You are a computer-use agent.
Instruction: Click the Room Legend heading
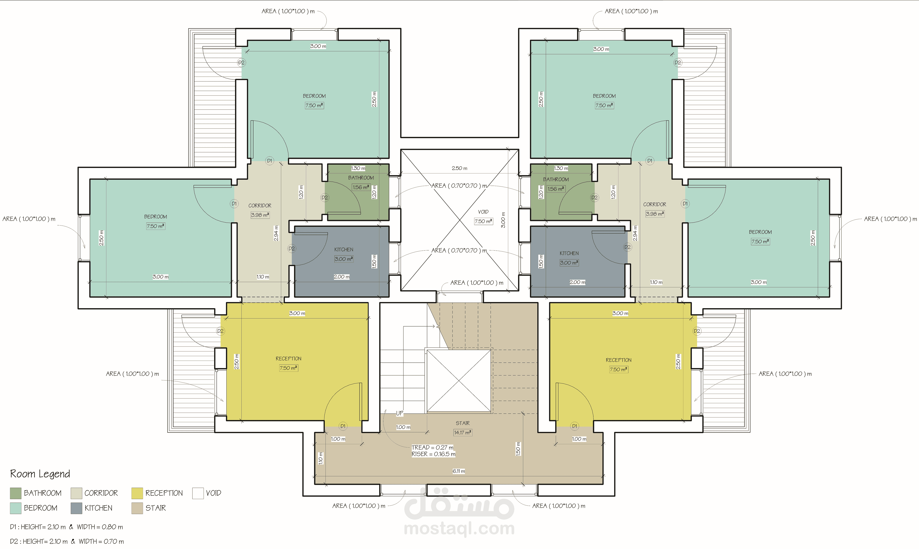[x=40, y=474]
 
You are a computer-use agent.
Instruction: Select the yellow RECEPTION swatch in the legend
[x=137, y=493]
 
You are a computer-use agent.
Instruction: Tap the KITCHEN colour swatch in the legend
[x=76, y=508]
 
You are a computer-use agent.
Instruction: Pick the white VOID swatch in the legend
[x=198, y=493]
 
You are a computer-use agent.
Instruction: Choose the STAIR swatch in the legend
[x=137, y=508]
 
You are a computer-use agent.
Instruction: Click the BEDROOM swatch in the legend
[x=16, y=508]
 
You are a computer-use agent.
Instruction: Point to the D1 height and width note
[x=67, y=527]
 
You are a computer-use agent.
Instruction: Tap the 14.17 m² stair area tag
[x=463, y=432]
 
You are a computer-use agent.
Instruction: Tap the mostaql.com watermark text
[x=459, y=528]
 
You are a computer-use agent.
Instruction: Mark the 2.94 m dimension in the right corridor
[x=635, y=233]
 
